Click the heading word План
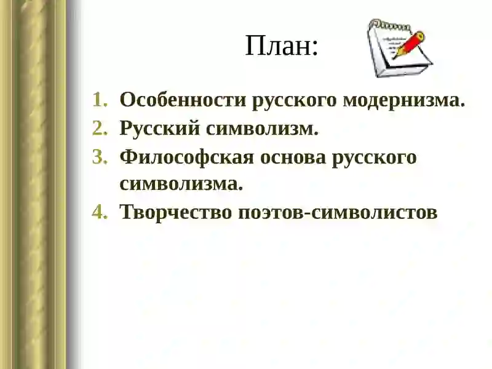278,46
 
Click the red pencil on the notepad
409,43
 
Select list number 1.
100,100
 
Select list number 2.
100,129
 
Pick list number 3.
100,157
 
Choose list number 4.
100,212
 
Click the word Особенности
183,100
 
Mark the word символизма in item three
181,184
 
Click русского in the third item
375,157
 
